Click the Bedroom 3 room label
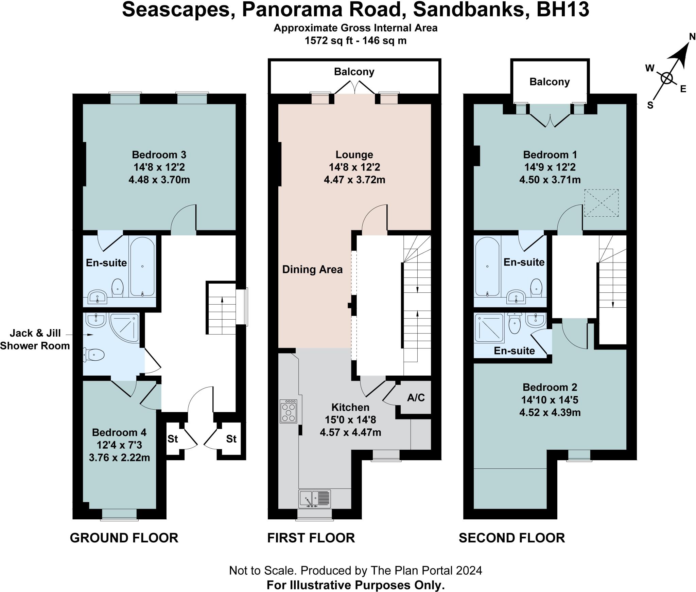click(159, 155)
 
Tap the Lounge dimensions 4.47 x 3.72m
click(354, 180)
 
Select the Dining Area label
click(312, 270)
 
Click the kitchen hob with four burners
click(288, 411)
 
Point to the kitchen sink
click(314, 499)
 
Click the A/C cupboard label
click(416, 397)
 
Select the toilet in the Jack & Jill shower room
click(94, 355)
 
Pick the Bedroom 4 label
click(119, 432)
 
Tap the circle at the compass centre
click(667, 78)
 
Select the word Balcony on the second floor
click(550, 82)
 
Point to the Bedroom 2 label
click(550, 387)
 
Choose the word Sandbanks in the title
click(469, 10)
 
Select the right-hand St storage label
click(231, 439)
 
